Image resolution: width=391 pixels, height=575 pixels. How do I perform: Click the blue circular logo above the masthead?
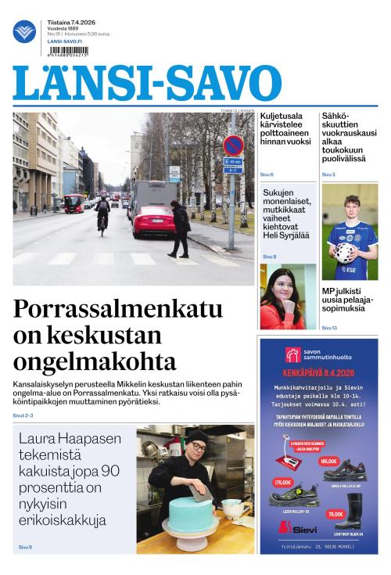pyautogui.click(x=24, y=32)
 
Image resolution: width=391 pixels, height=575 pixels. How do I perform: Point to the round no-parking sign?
pyautogui.click(x=233, y=146)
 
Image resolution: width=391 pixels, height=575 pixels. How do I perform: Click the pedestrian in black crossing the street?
pyautogui.click(x=180, y=227)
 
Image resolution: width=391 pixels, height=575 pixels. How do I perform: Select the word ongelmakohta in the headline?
pyautogui.click(x=95, y=361)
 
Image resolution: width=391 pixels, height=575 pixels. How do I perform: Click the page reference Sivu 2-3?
pyautogui.click(x=23, y=415)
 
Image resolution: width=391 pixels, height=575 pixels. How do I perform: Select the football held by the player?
pyautogui.click(x=345, y=253)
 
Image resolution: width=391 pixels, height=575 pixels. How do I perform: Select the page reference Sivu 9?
pyautogui.click(x=25, y=547)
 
